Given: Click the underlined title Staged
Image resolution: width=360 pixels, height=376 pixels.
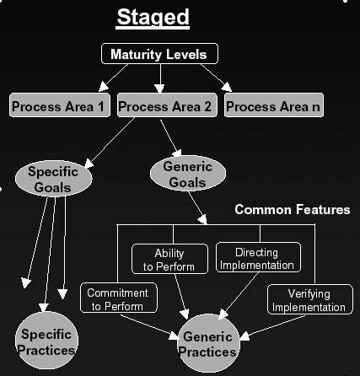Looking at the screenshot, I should click(153, 17).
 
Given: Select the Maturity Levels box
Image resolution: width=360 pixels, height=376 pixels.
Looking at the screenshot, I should click(159, 55).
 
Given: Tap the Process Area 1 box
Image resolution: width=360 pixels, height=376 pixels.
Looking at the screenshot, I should click(58, 107).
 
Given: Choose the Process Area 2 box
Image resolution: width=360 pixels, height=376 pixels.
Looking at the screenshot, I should click(164, 107).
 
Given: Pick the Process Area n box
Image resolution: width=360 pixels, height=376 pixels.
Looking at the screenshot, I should click(274, 107).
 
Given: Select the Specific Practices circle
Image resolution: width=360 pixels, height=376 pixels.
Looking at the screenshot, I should click(47, 342).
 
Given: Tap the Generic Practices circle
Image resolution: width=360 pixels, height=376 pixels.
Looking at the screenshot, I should click(207, 343).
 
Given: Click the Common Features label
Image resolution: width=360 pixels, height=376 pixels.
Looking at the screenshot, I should click(292, 209).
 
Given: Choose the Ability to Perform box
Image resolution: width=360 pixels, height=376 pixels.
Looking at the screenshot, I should click(169, 260).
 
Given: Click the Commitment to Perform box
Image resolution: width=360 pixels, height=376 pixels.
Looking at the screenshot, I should click(118, 299).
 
